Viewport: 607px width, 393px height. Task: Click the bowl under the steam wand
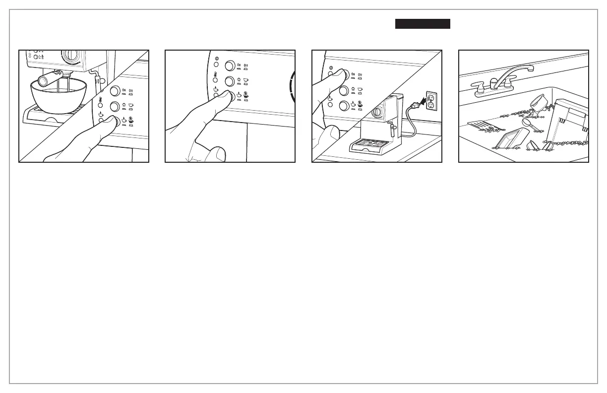coord(58,97)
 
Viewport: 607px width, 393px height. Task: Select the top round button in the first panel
coord(114,90)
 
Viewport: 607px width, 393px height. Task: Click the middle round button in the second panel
coord(230,81)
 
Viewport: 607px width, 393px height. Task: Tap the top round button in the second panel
coord(230,65)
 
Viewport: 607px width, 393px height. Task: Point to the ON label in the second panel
coord(239,65)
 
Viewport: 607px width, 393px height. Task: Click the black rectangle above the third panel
coord(423,24)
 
